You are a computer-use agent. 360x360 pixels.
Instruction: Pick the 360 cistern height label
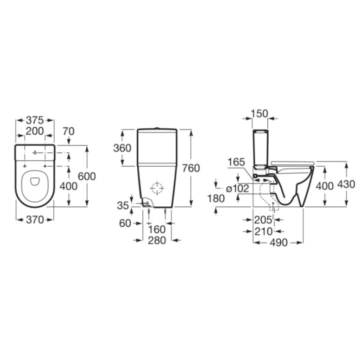(x=122, y=148)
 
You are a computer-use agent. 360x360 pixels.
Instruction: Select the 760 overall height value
(x=191, y=168)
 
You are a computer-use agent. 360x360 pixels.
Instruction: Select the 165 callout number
(x=235, y=162)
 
